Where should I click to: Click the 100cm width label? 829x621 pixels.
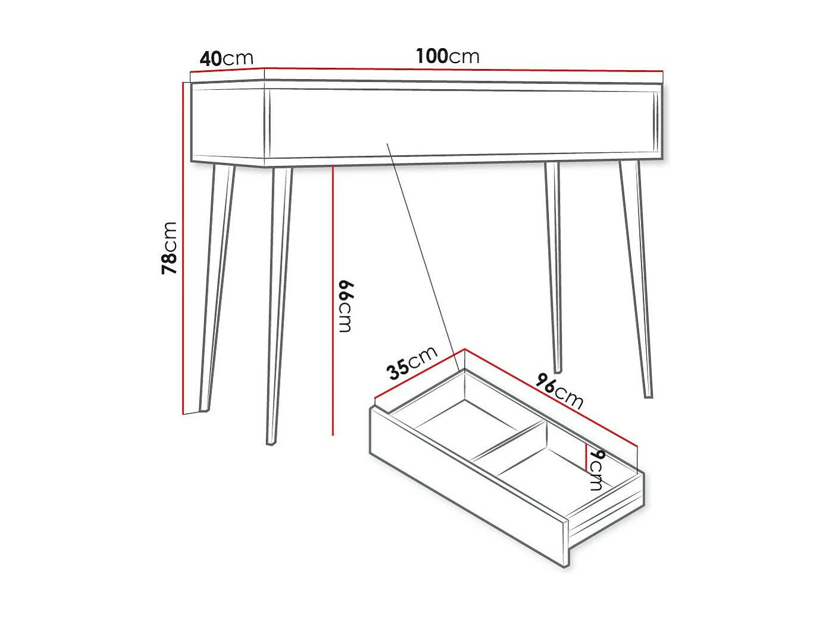click(x=448, y=57)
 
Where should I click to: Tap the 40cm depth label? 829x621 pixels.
click(x=226, y=58)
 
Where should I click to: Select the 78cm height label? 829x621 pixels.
click(x=170, y=247)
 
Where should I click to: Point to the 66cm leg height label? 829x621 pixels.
click(x=345, y=306)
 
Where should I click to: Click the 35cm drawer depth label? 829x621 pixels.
click(x=412, y=362)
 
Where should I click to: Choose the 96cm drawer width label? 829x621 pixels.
click(x=559, y=391)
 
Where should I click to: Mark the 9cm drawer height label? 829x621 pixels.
click(x=596, y=470)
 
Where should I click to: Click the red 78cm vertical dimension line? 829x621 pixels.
click(x=183, y=250)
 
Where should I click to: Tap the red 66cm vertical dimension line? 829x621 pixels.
click(x=333, y=297)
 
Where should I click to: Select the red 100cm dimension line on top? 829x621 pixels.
click(x=464, y=70)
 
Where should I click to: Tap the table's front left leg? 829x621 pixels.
click(x=280, y=303)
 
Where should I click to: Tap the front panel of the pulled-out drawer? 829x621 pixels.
click(x=467, y=488)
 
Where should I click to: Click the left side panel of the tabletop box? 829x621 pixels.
click(x=228, y=125)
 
